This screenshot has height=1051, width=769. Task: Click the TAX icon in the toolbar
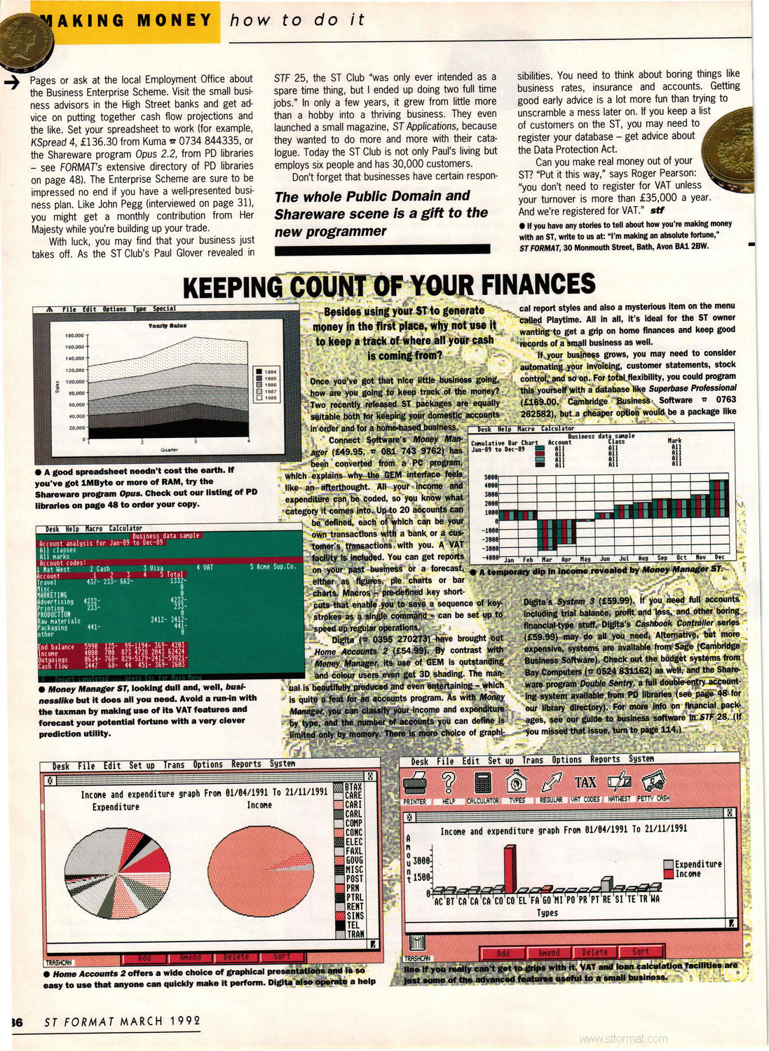pos(585,782)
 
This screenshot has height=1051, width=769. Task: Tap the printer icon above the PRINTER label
pos(416,781)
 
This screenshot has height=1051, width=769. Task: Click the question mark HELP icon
pos(449,781)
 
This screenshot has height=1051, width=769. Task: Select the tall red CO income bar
pos(510,870)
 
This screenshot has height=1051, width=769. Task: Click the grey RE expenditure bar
pos(607,884)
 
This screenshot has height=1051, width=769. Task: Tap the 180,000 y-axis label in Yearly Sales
pos(74,336)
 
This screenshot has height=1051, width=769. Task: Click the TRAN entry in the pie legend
pos(355,934)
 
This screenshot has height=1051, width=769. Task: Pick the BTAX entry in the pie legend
pos(353,787)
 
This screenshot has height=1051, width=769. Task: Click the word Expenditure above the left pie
pos(116,807)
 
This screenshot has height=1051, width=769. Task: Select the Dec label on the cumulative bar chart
pos(719,558)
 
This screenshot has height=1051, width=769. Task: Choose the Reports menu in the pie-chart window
pos(246,764)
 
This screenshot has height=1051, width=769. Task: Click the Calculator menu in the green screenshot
pos(125,528)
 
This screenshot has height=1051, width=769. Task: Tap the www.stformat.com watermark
pos(624,1038)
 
